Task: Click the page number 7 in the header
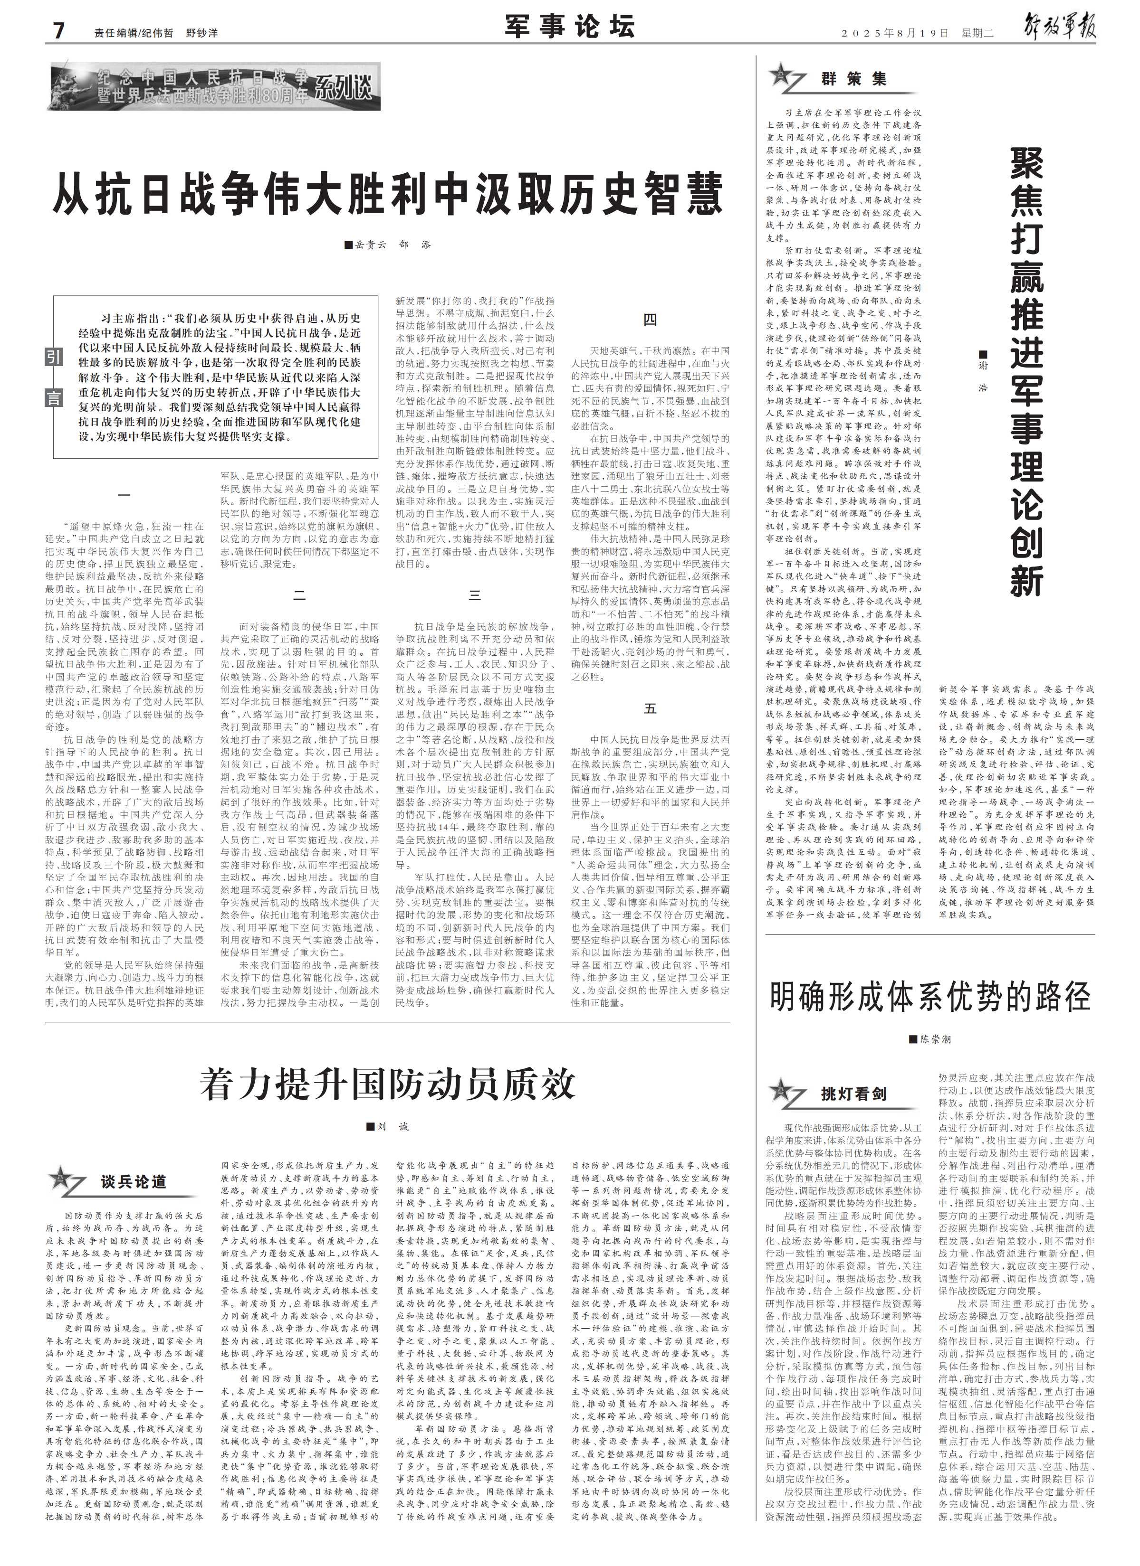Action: click(59, 30)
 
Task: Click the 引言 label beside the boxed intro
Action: click(54, 377)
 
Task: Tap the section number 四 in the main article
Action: click(650, 320)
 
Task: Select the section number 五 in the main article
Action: click(650, 709)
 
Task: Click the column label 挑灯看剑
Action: click(853, 1094)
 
